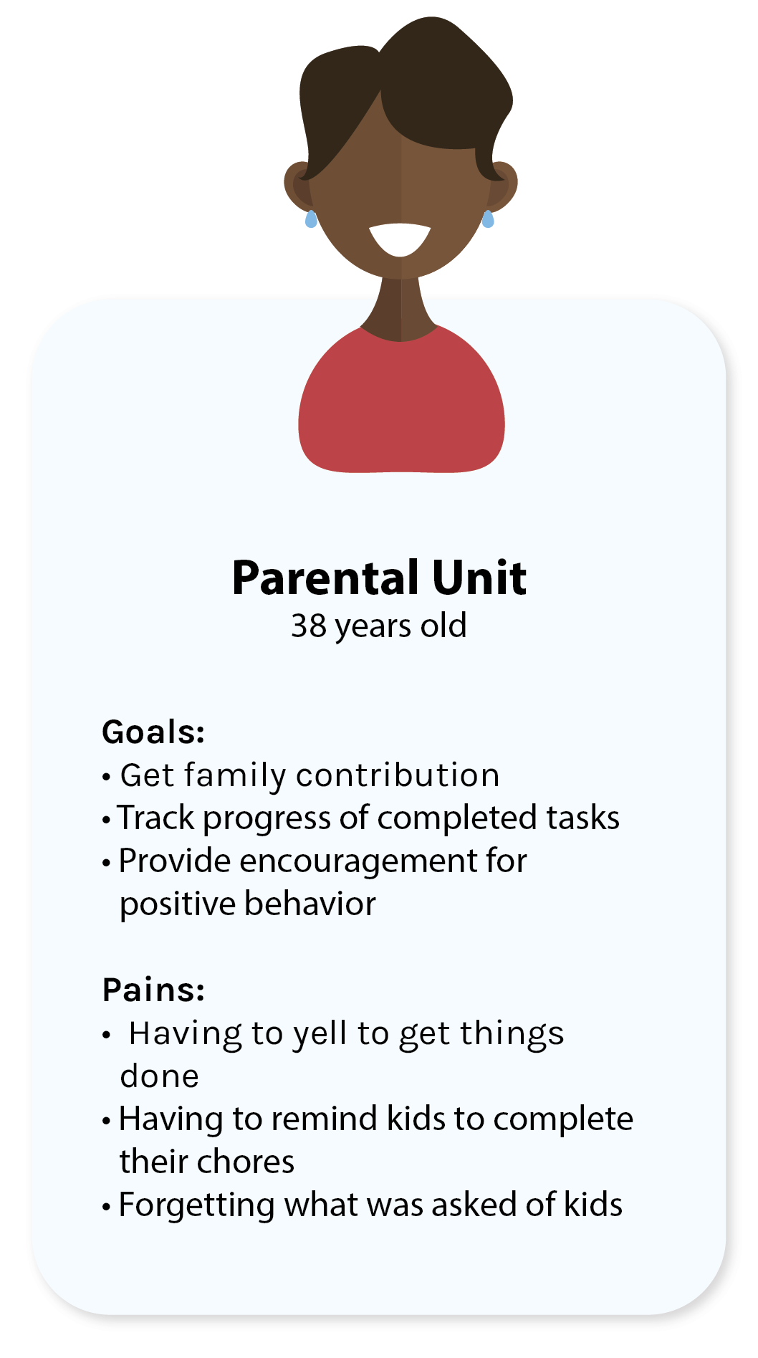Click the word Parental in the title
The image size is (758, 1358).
325,578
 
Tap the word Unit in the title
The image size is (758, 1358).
479,578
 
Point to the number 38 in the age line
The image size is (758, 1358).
309,626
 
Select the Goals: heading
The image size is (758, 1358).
153,732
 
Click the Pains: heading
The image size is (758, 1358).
153,990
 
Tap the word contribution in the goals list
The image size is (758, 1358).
398,775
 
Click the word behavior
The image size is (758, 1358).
309,904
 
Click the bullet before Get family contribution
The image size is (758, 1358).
106,777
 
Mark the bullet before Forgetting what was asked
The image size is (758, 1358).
106,1207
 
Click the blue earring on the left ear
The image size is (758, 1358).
310,219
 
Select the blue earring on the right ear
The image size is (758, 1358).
488,219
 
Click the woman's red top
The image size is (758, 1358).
401,408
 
